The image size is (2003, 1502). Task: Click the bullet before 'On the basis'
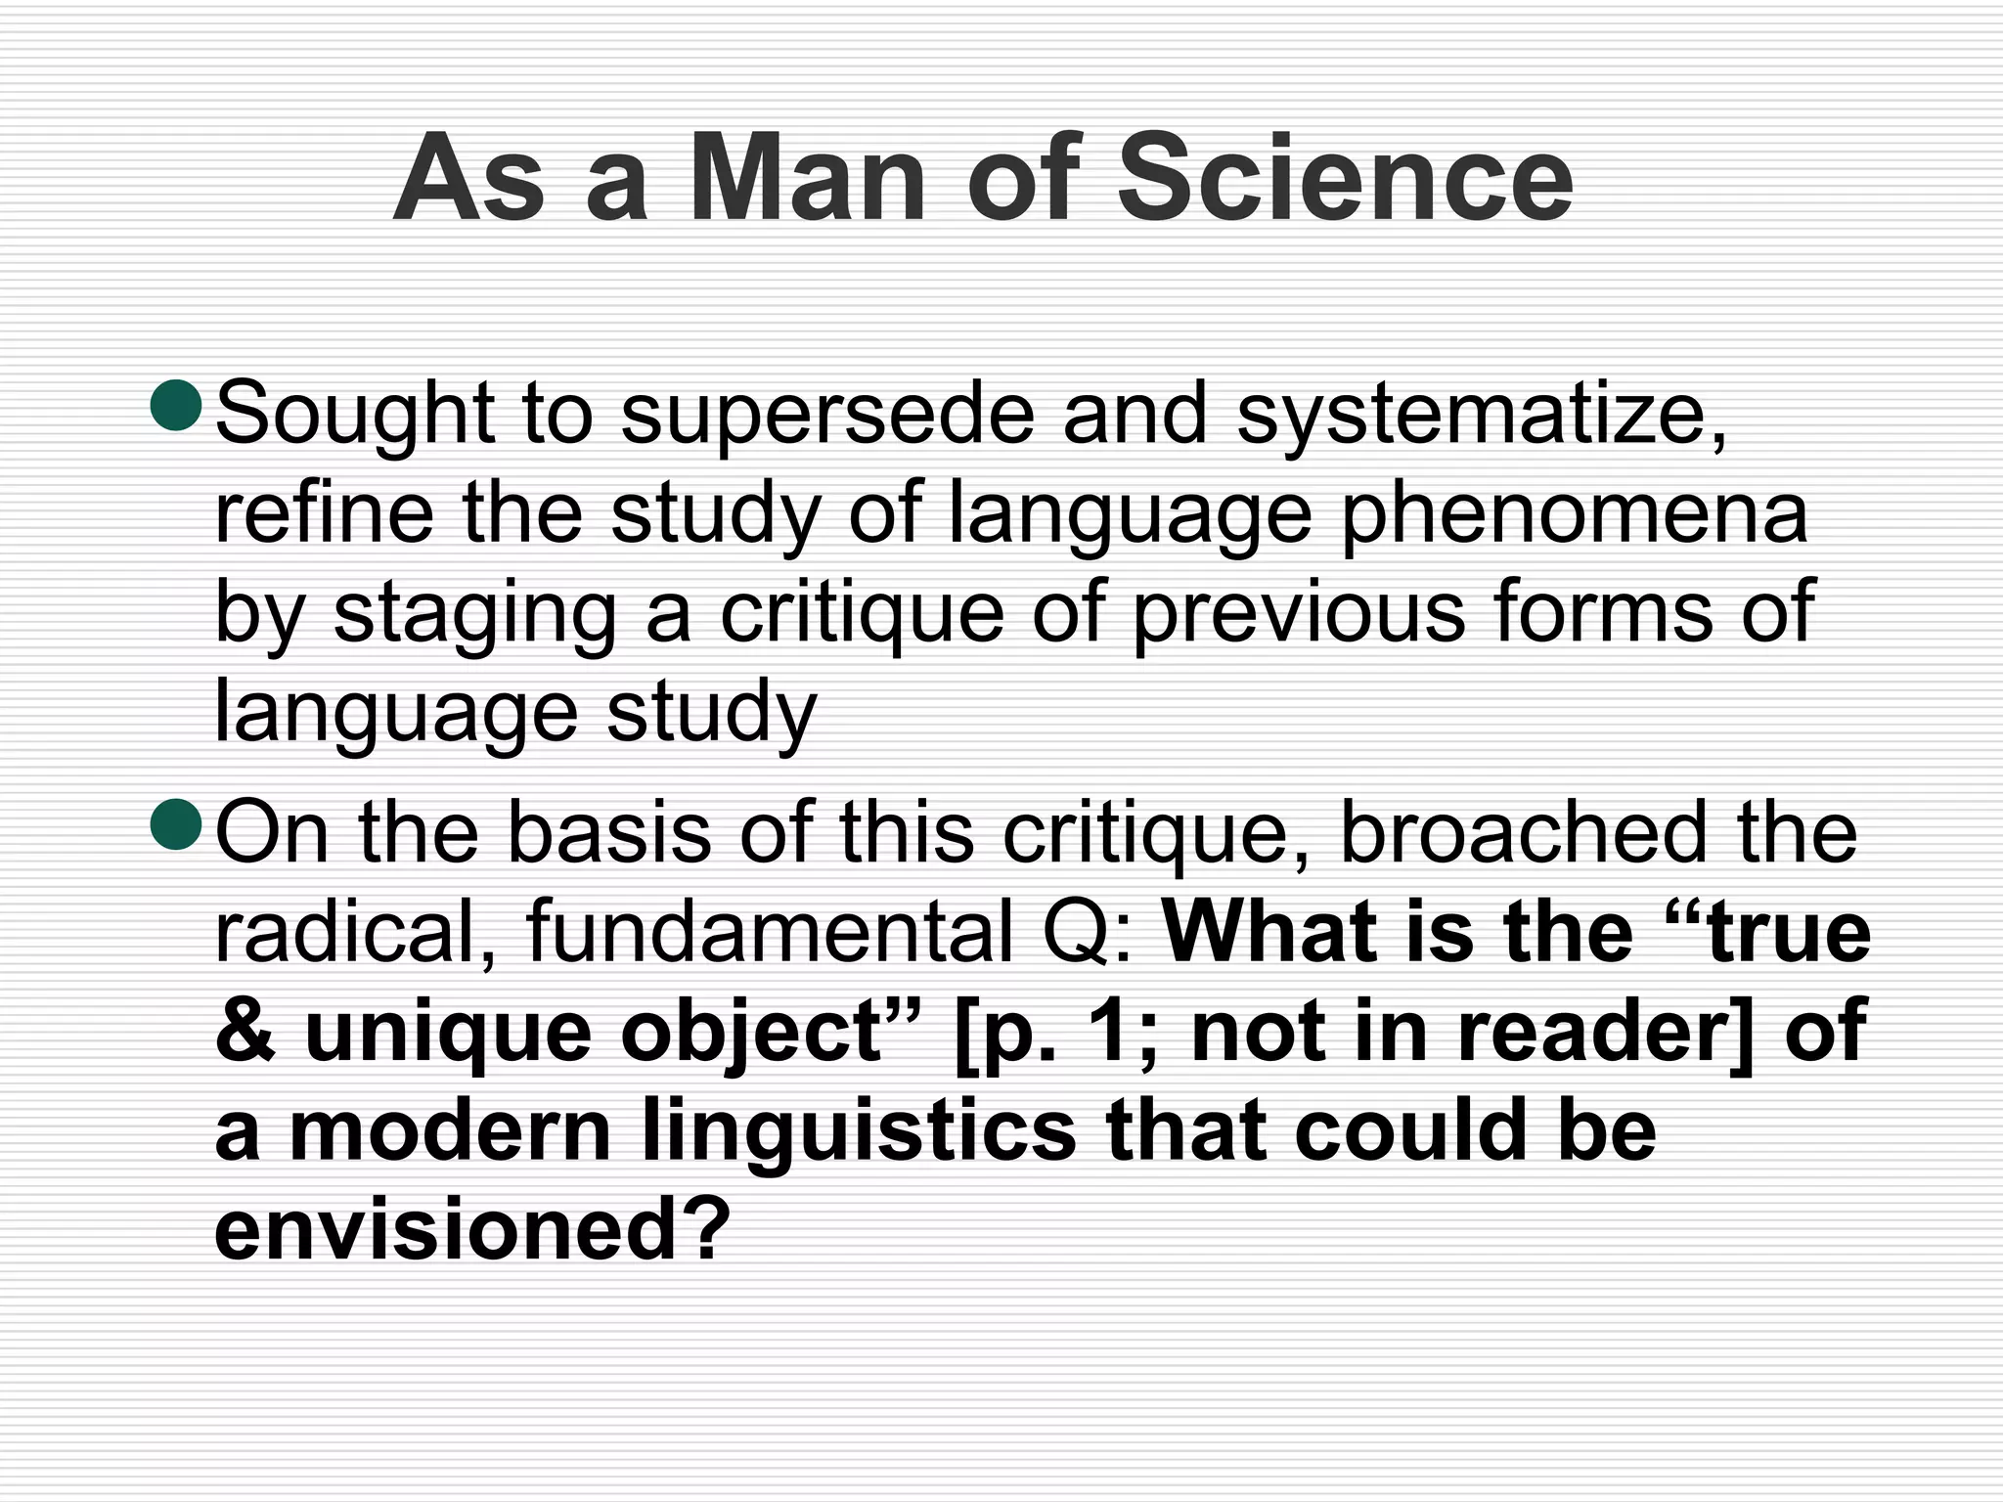click(x=176, y=824)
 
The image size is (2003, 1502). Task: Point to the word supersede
click(x=827, y=414)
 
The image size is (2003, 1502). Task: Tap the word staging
click(x=474, y=614)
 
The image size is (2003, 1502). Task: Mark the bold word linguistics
click(x=860, y=1132)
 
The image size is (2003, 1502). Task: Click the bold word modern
click(x=450, y=1130)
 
